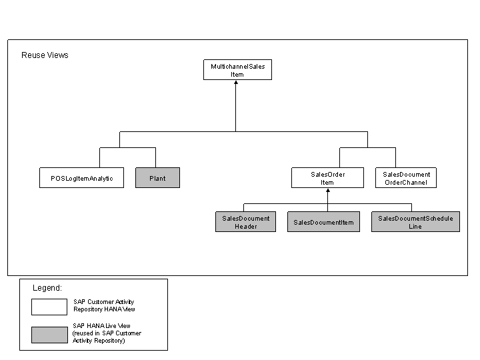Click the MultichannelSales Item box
click(x=237, y=70)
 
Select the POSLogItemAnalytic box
click(x=82, y=177)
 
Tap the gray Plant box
click(x=157, y=177)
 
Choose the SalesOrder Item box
click(x=327, y=177)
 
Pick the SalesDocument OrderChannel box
click(x=406, y=177)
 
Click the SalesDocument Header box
click(x=245, y=221)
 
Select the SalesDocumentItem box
click(x=323, y=221)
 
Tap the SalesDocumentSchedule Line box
click(x=415, y=221)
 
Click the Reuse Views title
click(x=45, y=55)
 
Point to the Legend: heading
click(x=47, y=288)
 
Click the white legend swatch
click(x=49, y=307)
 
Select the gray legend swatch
click(x=49, y=335)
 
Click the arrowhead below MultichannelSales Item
click(x=236, y=83)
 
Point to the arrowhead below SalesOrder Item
click(x=328, y=191)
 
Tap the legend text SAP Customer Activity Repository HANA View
click(x=104, y=305)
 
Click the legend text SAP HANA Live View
click(x=101, y=326)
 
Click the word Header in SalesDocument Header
click(x=246, y=227)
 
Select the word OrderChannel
click(x=406, y=183)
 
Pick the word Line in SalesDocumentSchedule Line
click(x=415, y=227)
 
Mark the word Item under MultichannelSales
click(x=237, y=75)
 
